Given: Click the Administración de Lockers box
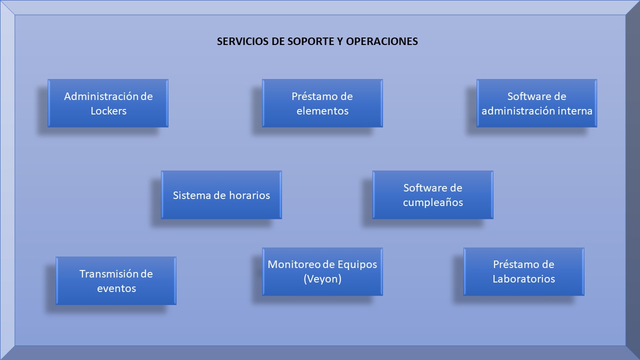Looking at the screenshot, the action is click(x=108, y=103).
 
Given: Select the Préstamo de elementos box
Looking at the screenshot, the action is click(x=322, y=103).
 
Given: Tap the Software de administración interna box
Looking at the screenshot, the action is click(x=537, y=103).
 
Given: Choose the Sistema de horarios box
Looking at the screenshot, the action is click(x=221, y=195).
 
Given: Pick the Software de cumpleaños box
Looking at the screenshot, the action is click(x=433, y=195).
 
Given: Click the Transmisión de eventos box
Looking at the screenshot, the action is click(x=116, y=280).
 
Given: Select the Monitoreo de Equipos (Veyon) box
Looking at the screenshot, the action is click(x=322, y=271).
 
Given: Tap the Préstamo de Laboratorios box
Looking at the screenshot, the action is click(x=523, y=271).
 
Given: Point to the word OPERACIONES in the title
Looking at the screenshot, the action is click(x=382, y=41).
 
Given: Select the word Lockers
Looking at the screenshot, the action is click(x=108, y=111).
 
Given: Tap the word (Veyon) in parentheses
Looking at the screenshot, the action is click(x=322, y=279).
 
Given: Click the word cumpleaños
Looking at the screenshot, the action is click(x=433, y=202).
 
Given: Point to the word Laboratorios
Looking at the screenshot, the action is click(x=523, y=279).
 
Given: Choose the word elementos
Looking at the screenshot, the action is click(x=322, y=111).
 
